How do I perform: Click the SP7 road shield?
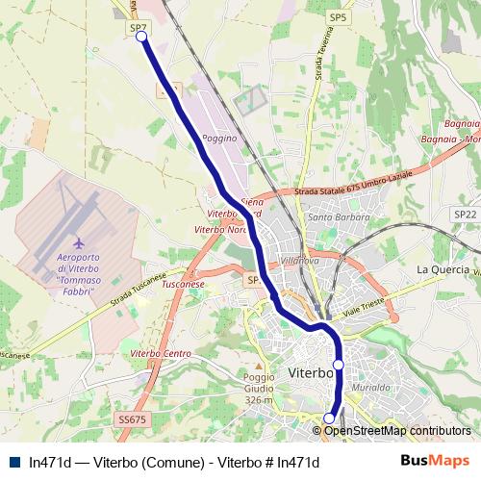coord(139,29)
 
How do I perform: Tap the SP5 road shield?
coord(338,18)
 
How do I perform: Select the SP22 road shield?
coord(466,214)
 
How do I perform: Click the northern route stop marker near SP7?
coord(141,37)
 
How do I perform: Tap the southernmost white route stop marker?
coord(329,418)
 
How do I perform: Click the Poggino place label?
coord(218,139)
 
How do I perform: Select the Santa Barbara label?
coord(333,217)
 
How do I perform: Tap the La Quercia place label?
coord(442,269)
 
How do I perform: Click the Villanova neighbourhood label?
coord(299,261)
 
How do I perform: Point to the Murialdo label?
coord(370,386)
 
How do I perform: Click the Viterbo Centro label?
coord(161,354)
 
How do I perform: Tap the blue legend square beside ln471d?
coord(13,462)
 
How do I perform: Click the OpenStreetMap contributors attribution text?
coord(397,431)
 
